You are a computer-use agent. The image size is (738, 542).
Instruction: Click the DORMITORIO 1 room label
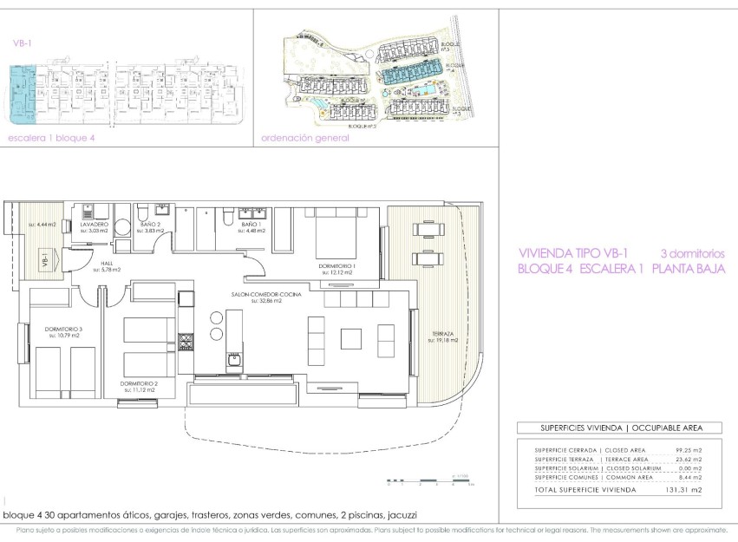tap(337, 266)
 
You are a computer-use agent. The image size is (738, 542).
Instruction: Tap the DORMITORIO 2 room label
tap(138, 383)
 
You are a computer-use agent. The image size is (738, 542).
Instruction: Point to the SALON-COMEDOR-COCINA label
tap(267, 296)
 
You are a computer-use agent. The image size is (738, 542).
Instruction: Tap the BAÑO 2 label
tap(153, 225)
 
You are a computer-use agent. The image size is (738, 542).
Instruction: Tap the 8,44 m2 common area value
tap(688, 478)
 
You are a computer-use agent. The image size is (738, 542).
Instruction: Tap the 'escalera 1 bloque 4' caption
tap(44, 139)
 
